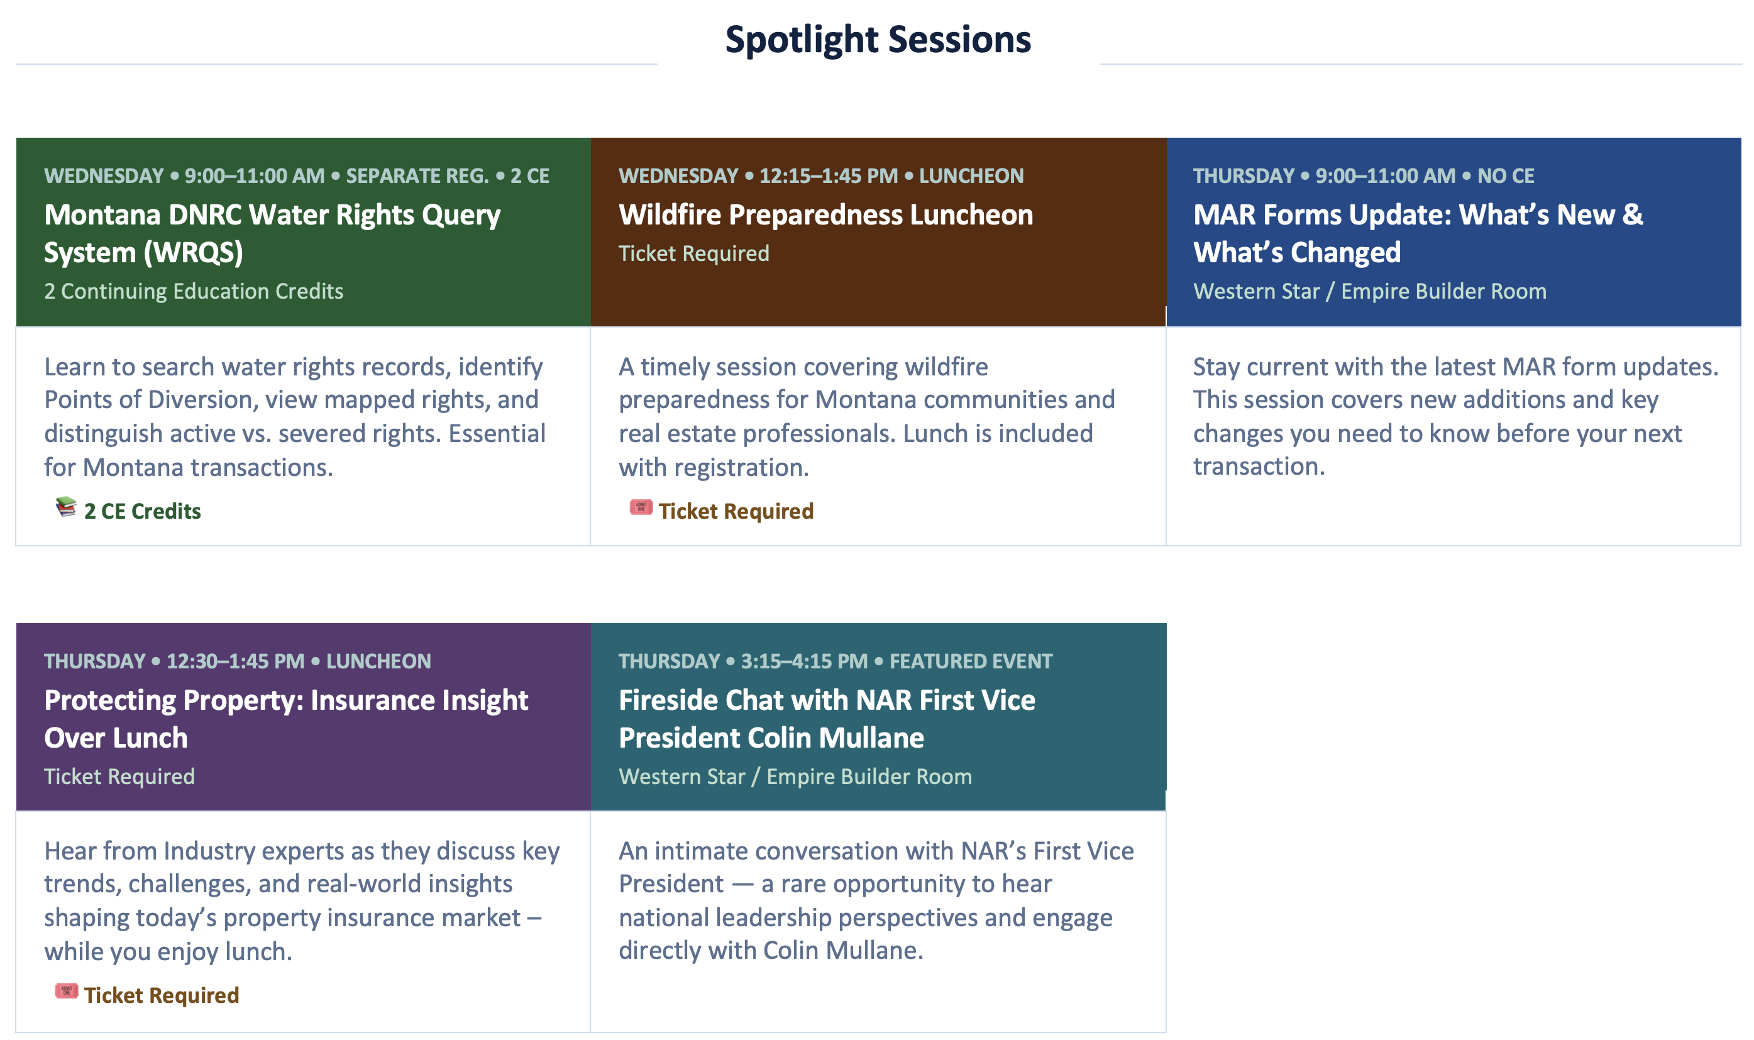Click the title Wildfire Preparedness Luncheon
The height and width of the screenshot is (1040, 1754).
(825, 215)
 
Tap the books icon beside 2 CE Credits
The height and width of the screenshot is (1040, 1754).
(66, 507)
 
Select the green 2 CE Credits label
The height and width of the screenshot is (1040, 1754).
(142, 512)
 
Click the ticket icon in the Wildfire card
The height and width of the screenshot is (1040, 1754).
(640, 507)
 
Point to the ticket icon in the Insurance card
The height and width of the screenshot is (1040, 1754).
(67, 990)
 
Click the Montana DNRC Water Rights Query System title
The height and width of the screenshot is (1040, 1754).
(272, 233)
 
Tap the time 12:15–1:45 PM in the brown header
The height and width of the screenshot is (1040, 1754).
(828, 176)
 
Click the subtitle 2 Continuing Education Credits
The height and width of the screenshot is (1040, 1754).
(194, 292)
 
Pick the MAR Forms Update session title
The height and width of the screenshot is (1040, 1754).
(1418, 233)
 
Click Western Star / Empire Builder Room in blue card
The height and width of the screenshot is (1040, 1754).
(1369, 292)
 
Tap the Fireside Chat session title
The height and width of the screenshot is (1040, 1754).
(827, 719)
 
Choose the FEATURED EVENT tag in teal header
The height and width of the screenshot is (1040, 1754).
(970, 661)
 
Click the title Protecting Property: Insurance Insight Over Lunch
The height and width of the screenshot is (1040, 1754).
(286, 719)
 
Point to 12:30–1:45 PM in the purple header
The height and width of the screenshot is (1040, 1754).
(235, 661)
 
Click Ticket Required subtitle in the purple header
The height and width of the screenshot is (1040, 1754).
(119, 777)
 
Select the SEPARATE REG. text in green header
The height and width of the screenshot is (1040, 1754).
(417, 176)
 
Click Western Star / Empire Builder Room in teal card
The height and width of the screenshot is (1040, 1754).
(795, 777)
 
